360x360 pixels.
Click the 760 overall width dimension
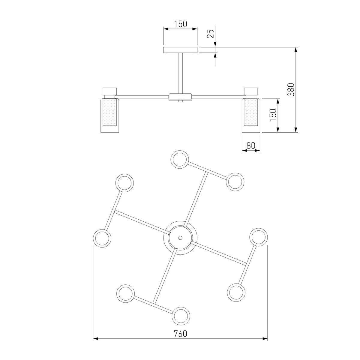click(180, 318)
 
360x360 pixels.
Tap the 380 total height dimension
click(291, 90)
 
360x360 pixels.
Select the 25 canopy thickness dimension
click(210, 34)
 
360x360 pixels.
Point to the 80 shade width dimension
click(251, 146)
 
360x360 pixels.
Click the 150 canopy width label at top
click(181, 24)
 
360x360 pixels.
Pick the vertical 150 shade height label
click(273, 115)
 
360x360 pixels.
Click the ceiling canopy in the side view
click(180, 50)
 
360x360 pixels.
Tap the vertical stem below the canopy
click(180, 73)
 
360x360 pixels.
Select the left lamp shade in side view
click(110, 115)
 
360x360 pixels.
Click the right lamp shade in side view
click(251, 115)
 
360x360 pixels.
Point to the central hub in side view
click(180, 97)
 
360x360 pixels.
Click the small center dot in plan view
click(180, 238)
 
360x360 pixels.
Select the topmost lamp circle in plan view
click(179, 159)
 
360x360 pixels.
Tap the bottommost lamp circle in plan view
click(181, 316)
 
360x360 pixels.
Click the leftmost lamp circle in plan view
click(102, 238)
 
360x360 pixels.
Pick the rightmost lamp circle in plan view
click(259, 237)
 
